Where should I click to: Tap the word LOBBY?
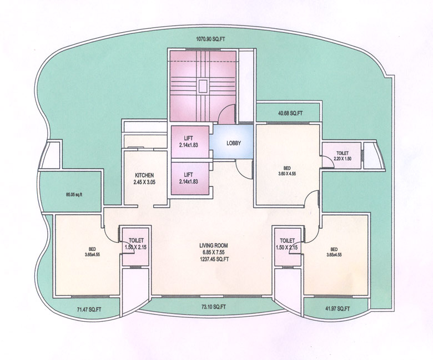234,143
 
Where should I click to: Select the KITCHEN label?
144,175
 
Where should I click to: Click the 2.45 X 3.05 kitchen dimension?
144,181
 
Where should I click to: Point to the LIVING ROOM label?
214,245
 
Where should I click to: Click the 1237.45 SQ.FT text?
214,258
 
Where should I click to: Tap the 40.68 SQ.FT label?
290,114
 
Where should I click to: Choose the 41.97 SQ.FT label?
336,308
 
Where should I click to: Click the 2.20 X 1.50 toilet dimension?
342,159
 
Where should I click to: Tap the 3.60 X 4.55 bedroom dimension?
286,173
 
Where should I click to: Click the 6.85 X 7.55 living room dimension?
214,252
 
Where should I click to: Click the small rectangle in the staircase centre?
203,86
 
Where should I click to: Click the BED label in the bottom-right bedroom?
334,249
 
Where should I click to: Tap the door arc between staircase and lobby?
226,116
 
